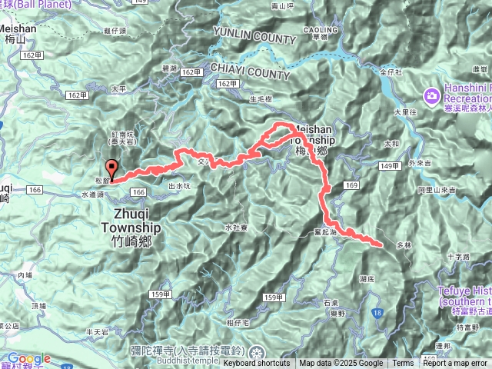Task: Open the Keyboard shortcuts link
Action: point(257,364)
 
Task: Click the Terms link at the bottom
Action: point(403,364)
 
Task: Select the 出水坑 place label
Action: point(178,185)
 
